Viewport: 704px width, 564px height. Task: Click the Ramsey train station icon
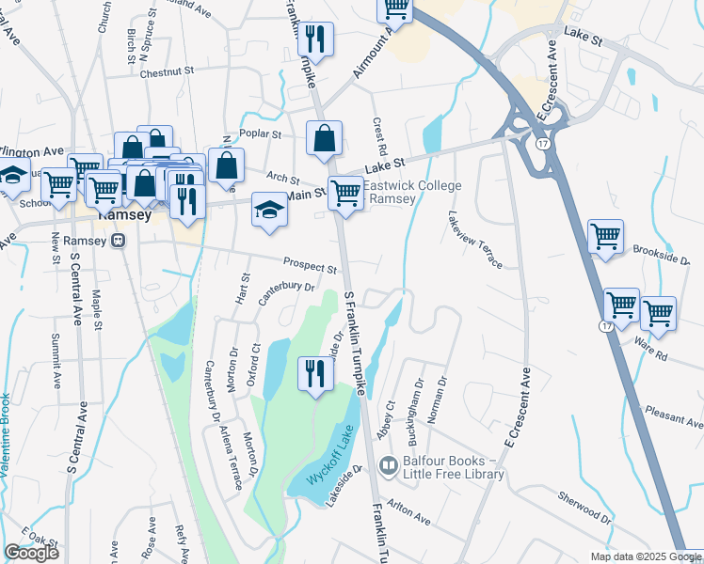coord(119,240)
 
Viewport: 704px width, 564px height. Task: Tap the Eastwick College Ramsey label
coord(412,193)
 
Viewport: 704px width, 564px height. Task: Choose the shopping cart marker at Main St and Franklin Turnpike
coord(345,194)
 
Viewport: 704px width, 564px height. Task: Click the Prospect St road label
coord(310,266)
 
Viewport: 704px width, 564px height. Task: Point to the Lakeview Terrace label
coord(476,239)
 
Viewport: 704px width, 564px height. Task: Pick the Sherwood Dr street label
coord(584,510)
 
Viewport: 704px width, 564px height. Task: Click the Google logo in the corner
coord(31,553)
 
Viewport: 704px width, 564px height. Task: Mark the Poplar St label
coord(261,134)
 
